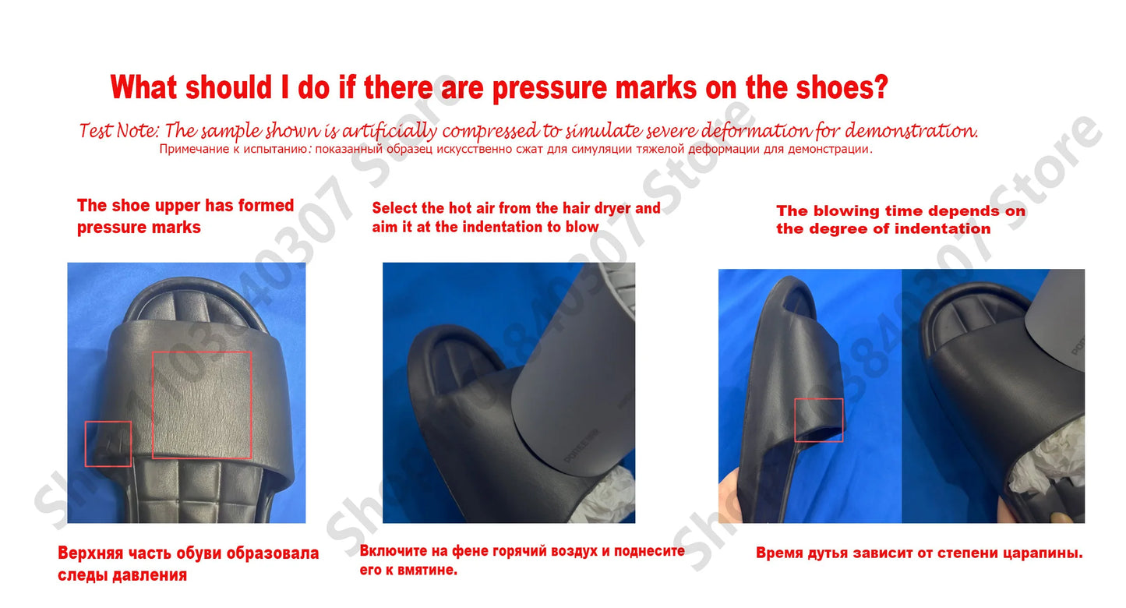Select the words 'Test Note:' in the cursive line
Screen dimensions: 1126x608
click(x=119, y=131)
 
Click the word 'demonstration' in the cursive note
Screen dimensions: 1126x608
click(x=911, y=131)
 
